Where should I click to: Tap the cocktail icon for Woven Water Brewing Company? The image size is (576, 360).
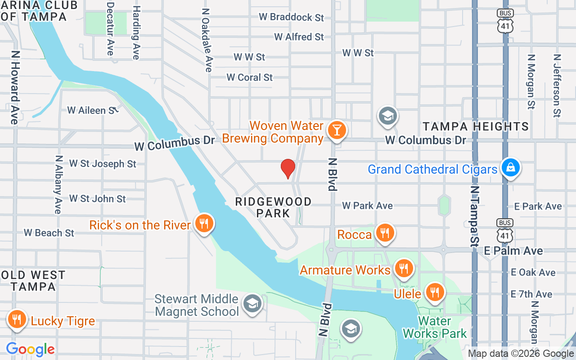[336, 130]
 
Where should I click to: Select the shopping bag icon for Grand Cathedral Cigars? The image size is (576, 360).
[510, 168]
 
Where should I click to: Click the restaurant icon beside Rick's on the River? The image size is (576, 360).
[204, 223]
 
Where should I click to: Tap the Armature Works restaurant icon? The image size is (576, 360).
[404, 269]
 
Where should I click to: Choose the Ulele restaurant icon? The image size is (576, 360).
[434, 292]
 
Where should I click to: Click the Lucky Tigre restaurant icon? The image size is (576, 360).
[17, 319]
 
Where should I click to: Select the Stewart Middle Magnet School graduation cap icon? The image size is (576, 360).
[252, 304]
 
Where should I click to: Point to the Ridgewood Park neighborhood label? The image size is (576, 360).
[273, 207]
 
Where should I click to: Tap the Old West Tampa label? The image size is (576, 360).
[33, 280]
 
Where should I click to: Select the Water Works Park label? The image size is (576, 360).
[435, 327]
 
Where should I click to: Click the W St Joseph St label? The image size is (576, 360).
[103, 164]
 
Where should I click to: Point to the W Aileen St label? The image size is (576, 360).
[93, 110]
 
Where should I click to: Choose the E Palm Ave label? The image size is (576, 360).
[513, 251]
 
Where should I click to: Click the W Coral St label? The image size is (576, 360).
[250, 77]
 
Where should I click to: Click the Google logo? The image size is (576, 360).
[30, 349]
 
